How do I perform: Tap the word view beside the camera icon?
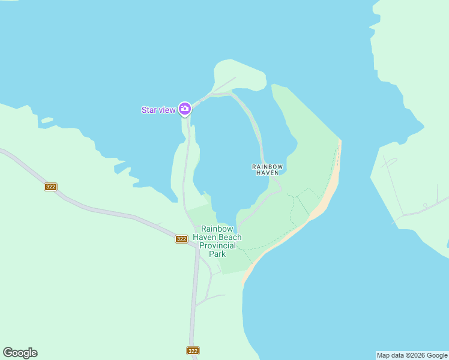coord(167,110)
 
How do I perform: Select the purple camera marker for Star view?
coord(184,109)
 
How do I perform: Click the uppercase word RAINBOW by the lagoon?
coord(267,166)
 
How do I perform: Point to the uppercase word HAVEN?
coord(267,173)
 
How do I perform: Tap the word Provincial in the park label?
coord(221,245)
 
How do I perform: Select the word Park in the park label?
coord(217,254)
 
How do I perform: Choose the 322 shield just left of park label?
coord(181,239)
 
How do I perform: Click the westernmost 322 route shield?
coord(50,187)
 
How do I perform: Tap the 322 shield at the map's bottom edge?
coord(193,350)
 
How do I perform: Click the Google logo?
coord(20,353)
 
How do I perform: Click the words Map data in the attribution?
coord(390,355)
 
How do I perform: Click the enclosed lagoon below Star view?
coord(228,156)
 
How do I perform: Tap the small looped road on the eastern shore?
coord(390,163)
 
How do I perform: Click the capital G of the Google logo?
coord(8,353)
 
